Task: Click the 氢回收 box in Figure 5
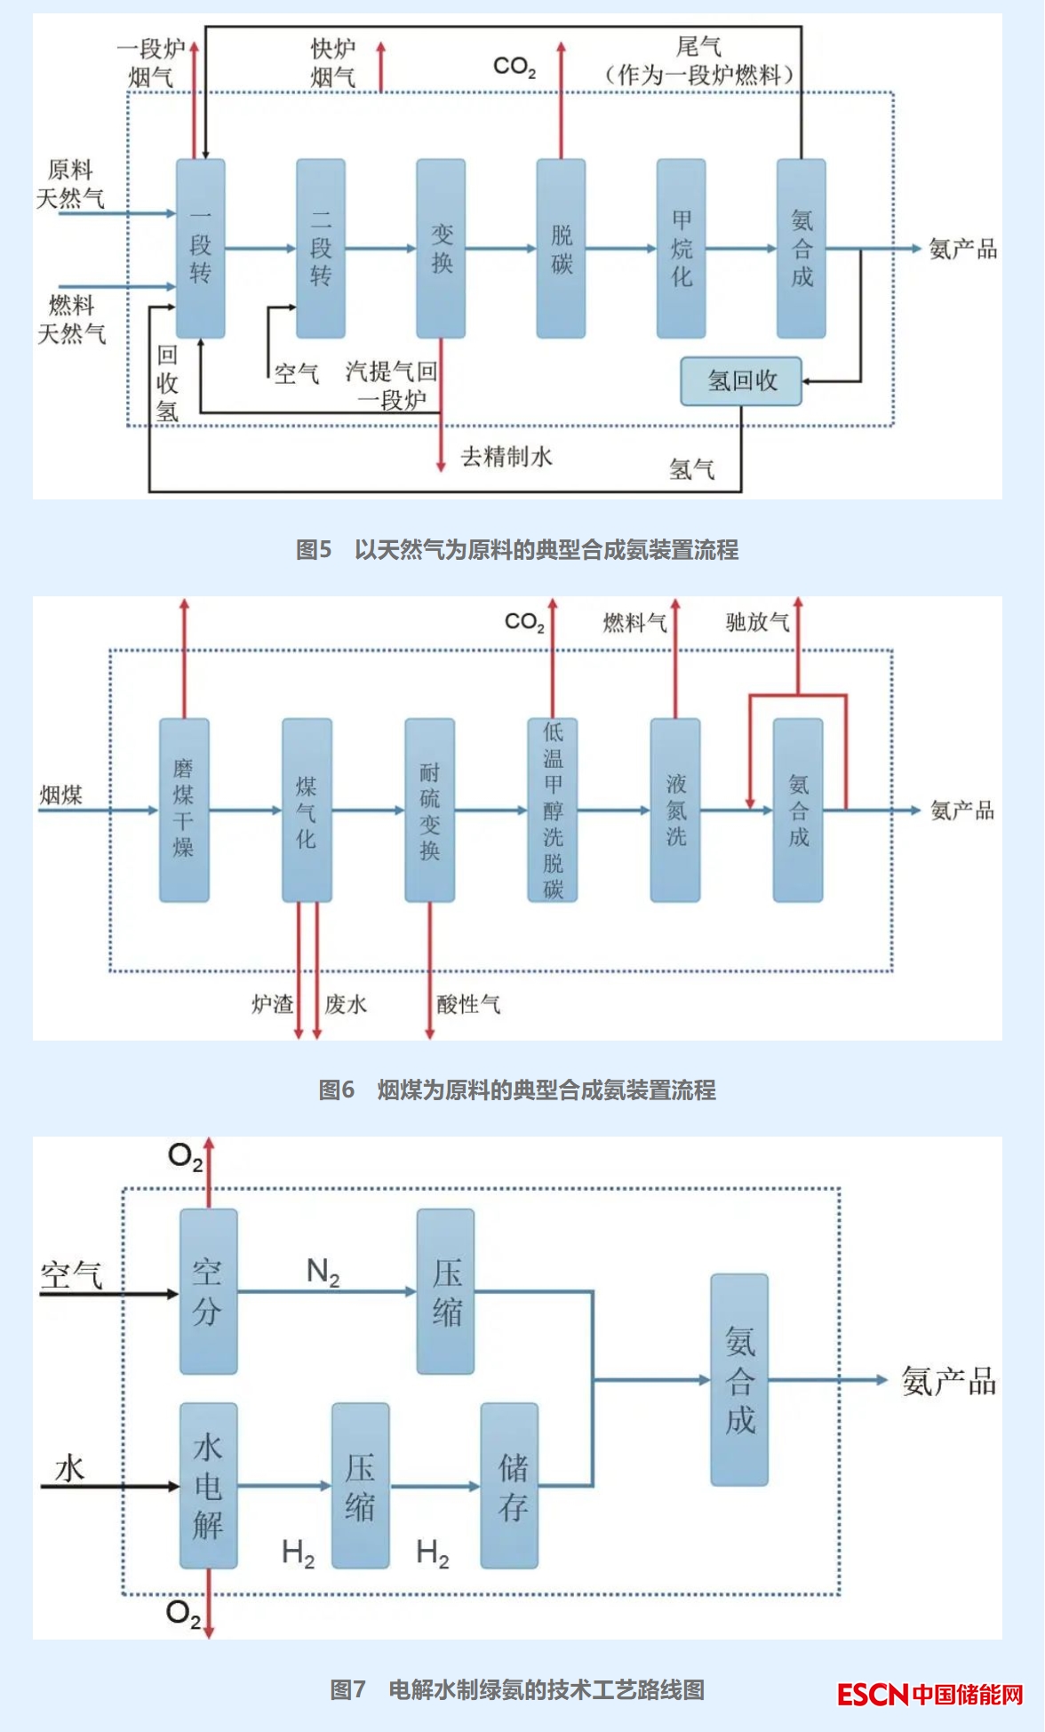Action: pyautogui.click(x=741, y=381)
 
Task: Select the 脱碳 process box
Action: pyautogui.click(x=561, y=249)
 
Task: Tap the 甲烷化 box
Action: pyautogui.click(x=681, y=249)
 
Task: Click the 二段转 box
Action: pyautogui.click(x=321, y=249)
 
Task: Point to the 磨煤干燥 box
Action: pyautogui.click(x=184, y=810)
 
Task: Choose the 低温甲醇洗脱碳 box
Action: pyautogui.click(x=553, y=810)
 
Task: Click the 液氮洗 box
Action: pyautogui.click(x=675, y=810)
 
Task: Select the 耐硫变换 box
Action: pyautogui.click(x=430, y=810)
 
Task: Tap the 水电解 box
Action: pyautogui.click(x=208, y=1485)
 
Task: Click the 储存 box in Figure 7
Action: pyautogui.click(x=509, y=1485)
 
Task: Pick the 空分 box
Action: pyautogui.click(x=208, y=1291)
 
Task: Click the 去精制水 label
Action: pyautogui.click(x=507, y=457)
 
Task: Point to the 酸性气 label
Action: pyautogui.click(x=468, y=1004)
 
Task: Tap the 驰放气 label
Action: pyautogui.click(x=757, y=622)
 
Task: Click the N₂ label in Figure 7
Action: pyautogui.click(x=323, y=1272)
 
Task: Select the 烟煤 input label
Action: pyautogui.click(x=61, y=795)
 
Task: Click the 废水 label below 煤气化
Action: pyautogui.click(x=346, y=1004)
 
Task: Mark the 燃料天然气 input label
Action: pyautogui.click(x=71, y=320)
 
